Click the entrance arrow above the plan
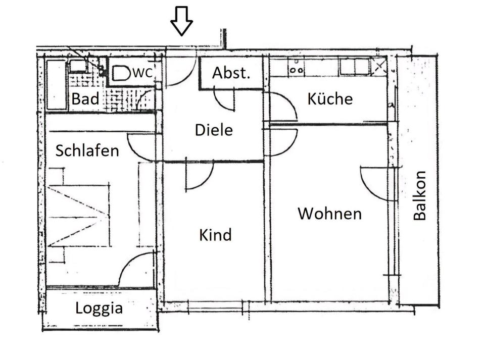(x=181, y=21)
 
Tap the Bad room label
(x=85, y=99)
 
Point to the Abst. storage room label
(x=231, y=73)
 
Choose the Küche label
(x=329, y=98)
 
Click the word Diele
(x=214, y=130)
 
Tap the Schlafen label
(x=87, y=150)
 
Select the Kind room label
(x=215, y=235)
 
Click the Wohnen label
(x=329, y=214)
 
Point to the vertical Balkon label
(x=420, y=196)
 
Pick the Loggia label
(x=99, y=308)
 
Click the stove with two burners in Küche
(x=296, y=67)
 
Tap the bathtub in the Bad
(x=56, y=84)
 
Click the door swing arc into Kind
(x=200, y=177)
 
